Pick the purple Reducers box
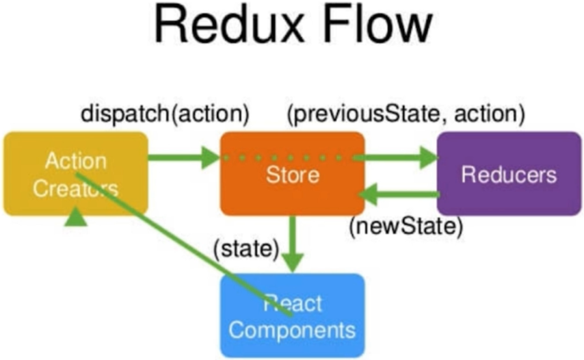[x=509, y=174]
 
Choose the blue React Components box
[x=292, y=315]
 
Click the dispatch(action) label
[x=165, y=114]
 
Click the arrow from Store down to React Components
[x=293, y=243]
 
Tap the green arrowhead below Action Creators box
[x=77, y=218]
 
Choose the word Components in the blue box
[x=292, y=331]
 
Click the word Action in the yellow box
[x=76, y=162]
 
